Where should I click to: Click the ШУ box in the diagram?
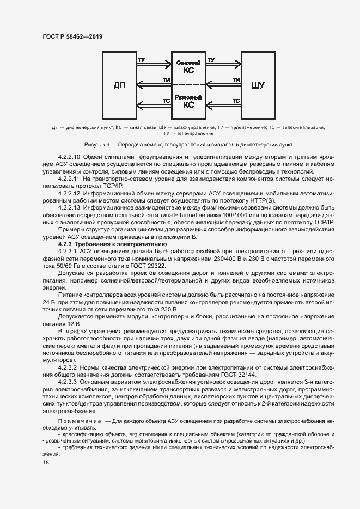click(259, 84)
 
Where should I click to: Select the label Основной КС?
click(188, 67)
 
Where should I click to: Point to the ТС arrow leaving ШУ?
click(223, 105)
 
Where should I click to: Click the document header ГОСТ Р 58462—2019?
click(72, 36)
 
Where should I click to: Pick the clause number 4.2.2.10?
click(72, 157)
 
